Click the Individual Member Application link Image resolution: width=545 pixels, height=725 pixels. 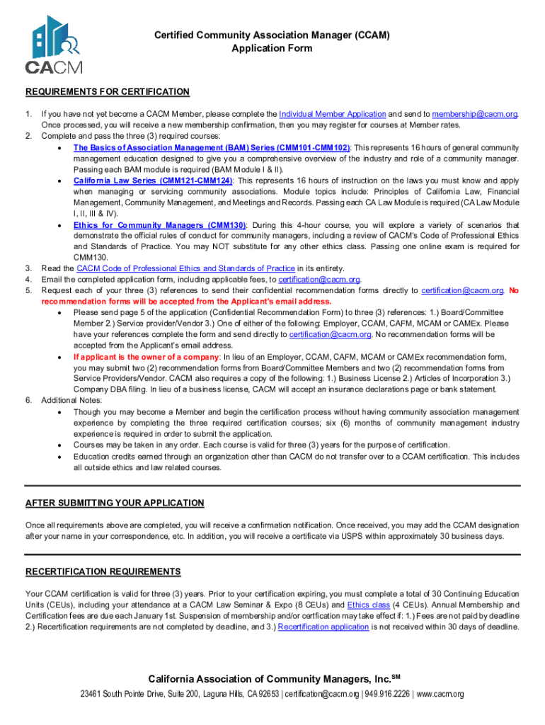[x=332, y=114]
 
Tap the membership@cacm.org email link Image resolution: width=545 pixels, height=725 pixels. [x=474, y=114]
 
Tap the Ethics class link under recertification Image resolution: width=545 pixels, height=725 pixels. [x=369, y=605]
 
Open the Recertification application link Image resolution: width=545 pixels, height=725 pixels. [x=323, y=627]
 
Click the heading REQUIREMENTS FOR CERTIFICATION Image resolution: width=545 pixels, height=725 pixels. [x=108, y=92]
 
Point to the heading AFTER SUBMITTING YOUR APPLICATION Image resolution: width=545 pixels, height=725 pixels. [x=115, y=503]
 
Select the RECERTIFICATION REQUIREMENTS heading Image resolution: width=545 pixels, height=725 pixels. [x=103, y=572]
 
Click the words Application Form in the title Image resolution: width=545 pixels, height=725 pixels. [x=272, y=49]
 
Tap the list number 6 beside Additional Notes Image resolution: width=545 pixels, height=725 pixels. [x=28, y=400]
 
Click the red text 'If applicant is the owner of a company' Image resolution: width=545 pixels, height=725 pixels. [x=147, y=357]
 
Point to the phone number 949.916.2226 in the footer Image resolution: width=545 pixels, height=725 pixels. [x=388, y=694]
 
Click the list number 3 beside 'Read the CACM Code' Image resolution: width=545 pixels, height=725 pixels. [x=28, y=268]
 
